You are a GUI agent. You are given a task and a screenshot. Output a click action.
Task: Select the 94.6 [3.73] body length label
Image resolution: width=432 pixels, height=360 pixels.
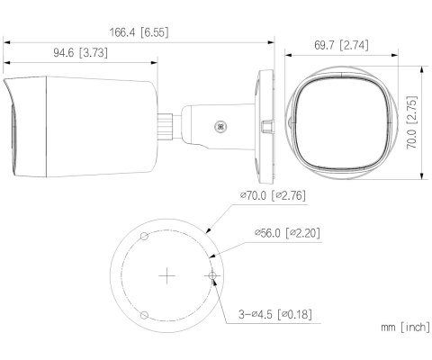(81, 53)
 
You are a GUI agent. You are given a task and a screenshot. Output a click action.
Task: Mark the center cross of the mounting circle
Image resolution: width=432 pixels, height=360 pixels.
(165, 274)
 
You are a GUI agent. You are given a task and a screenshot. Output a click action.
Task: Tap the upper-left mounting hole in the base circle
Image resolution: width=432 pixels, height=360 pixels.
(143, 236)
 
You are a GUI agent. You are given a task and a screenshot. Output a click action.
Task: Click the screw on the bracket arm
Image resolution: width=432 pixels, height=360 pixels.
(219, 128)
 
